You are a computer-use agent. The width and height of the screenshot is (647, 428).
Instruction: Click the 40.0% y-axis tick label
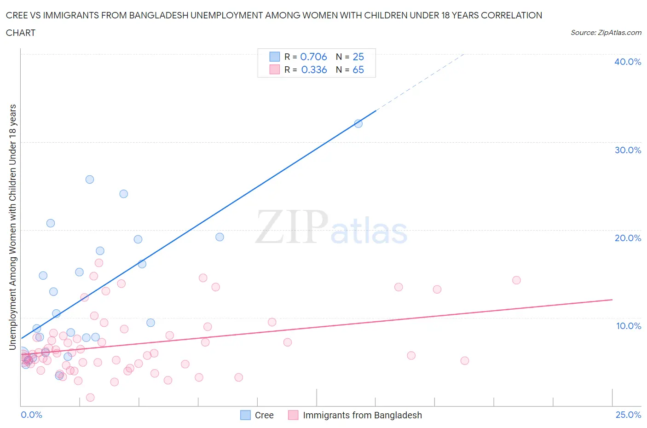point(627,62)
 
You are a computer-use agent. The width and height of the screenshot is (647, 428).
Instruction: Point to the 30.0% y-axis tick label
point(627,150)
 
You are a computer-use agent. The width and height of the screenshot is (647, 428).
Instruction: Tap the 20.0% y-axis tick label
point(627,238)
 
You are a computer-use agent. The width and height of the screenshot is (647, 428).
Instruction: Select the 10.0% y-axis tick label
point(628,326)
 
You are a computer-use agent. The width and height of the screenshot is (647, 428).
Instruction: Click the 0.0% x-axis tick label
point(31,415)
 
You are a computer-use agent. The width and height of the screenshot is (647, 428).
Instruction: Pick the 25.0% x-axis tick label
point(628,415)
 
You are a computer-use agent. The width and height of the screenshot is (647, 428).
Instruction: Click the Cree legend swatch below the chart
point(246,415)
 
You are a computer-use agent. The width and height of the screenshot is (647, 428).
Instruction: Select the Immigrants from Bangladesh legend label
point(362,415)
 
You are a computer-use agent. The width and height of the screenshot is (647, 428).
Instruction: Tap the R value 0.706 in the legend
point(313,57)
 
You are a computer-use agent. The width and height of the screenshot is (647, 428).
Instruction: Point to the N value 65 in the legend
point(358,69)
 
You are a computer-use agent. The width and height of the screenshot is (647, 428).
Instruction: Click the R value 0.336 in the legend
point(314,69)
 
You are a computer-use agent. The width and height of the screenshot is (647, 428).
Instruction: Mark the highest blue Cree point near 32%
point(358,123)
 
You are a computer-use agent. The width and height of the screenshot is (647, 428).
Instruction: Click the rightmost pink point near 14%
point(516,280)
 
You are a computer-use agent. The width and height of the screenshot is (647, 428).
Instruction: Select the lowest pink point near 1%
point(90,397)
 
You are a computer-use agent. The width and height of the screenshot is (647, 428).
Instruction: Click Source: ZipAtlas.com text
point(606,33)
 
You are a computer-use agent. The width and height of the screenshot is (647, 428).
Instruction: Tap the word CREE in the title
point(16,15)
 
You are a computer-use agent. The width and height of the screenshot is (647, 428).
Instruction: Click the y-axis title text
point(12,227)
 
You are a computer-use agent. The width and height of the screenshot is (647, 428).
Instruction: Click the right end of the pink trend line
point(612,300)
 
